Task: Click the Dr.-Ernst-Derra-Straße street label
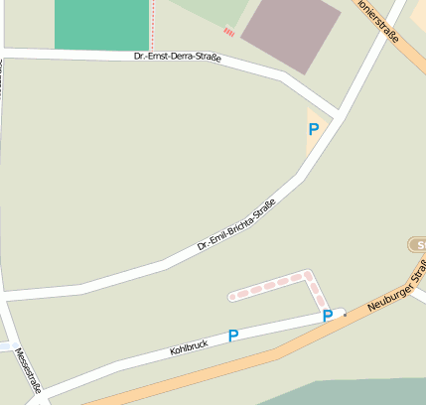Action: [x=177, y=59]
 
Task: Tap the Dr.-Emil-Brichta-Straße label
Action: [x=235, y=224]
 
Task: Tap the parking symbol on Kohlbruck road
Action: [x=233, y=336]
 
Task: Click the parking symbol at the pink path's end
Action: [x=327, y=316]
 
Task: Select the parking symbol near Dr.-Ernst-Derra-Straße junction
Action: [x=314, y=129]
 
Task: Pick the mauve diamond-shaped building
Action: [x=291, y=34]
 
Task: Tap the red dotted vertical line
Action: [x=153, y=24]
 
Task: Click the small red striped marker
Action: [x=229, y=32]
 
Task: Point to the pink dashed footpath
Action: [x=278, y=284]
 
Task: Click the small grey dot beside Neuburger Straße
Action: [x=345, y=314]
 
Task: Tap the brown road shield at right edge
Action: [x=418, y=244]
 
